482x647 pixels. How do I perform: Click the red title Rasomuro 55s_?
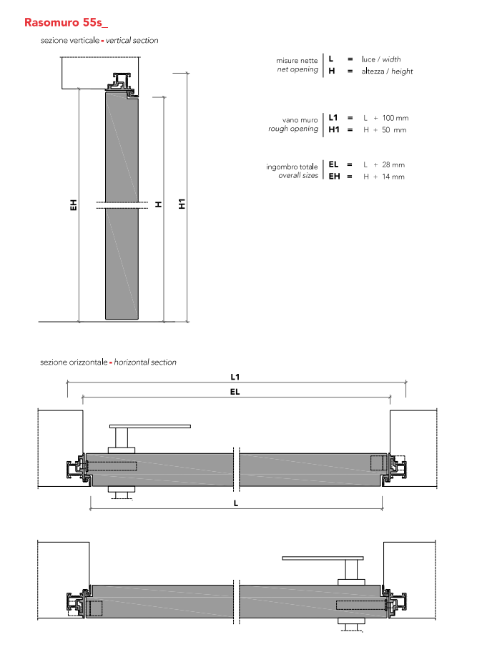pos(65,22)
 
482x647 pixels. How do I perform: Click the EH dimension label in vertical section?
pos(73,205)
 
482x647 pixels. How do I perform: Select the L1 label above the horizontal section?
pos(235,376)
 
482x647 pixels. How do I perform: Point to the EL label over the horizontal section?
pos(235,391)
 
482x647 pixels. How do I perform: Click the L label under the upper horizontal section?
pos(235,503)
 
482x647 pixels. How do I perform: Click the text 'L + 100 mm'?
pos(385,117)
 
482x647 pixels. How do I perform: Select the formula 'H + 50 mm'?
pos(385,130)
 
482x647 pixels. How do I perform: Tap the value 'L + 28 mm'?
pos(384,164)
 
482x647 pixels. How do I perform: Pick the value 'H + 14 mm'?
pos(384,177)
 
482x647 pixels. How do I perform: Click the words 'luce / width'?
pos(381,59)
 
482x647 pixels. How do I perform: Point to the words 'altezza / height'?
pos(387,71)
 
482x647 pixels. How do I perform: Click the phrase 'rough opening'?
pos(293,129)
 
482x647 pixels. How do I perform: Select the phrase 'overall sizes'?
pos(298,176)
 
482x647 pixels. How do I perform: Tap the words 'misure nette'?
pos(297,61)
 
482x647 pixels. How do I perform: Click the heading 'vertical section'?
pos(132,41)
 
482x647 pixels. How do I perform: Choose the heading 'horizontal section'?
pos(145,362)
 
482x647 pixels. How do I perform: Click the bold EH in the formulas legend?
pos(334,177)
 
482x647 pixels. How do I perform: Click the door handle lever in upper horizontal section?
pos(150,427)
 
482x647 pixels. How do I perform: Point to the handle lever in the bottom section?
pos(323,558)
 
